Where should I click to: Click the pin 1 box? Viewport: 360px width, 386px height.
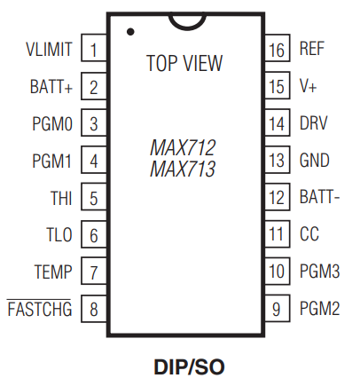94,48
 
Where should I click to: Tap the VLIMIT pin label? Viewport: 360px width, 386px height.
49,49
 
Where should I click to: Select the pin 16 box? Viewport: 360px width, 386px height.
278,48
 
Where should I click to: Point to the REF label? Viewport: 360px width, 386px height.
312,49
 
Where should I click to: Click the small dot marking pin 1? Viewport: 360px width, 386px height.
130,31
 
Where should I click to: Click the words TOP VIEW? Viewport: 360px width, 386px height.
184,63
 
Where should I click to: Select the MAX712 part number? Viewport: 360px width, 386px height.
183,147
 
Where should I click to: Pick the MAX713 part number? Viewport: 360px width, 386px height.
183,169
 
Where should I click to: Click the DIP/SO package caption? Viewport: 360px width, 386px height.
189,367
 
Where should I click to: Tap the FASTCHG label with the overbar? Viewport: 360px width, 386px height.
39,309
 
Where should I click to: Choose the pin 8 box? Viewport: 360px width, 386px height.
94,309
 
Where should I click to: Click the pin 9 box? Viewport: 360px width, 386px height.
278,309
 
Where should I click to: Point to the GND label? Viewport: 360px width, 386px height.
315,161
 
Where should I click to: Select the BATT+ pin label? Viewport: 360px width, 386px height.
51,86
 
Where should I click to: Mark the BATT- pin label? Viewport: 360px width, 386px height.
319,197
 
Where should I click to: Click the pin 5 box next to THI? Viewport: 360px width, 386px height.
94,197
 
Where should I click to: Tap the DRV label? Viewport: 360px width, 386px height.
314,123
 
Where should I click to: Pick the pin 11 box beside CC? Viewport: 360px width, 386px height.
278,234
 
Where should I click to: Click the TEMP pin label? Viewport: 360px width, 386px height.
53,272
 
